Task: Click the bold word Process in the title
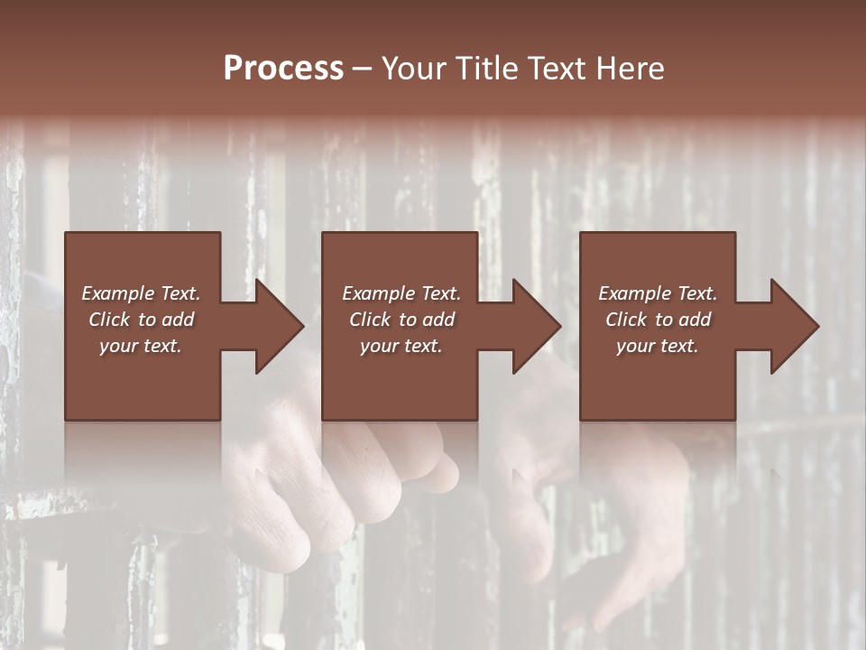(x=283, y=69)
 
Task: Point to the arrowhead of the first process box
(x=280, y=326)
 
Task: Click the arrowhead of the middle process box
(x=537, y=326)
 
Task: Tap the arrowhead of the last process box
(x=795, y=326)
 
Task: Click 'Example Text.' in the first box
(x=141, y=293)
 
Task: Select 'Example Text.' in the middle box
(x=401, y=293)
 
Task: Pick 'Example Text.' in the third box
(x=658, y=293)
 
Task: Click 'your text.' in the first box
(x=141, y=346)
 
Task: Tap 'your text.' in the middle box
(x=401, y=346)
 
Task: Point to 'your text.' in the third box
(x=658, y=346)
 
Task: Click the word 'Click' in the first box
(x=110, y=320)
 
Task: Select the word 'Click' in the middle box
(x=371, y=320)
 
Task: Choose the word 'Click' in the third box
(x=627, y=320)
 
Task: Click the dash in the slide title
(x=363, y=70)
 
